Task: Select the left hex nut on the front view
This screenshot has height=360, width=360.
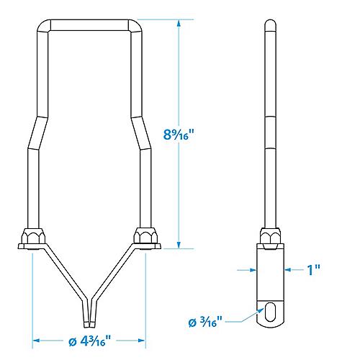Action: (32, 238)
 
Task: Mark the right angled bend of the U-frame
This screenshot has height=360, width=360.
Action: (144, 130)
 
